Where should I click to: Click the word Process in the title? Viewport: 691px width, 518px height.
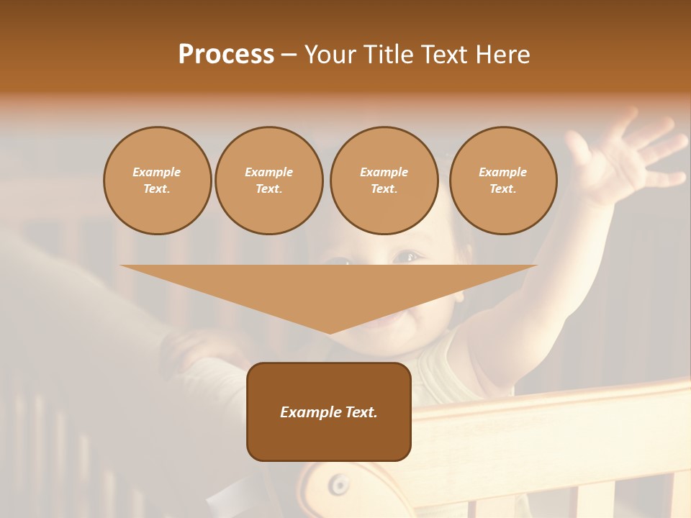(226, 55)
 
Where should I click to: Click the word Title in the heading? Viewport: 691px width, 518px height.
(387, 55)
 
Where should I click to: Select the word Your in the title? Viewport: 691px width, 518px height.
(330, 55)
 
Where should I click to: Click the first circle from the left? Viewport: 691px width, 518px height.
(157, 180)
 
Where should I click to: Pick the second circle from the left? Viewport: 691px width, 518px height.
(268, 180)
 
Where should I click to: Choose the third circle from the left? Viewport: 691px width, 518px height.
(384, 180)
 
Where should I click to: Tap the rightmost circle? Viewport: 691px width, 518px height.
(503, 180)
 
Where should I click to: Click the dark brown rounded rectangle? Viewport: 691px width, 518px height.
(329, 439)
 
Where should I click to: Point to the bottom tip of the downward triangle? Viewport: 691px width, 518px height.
(330, 332)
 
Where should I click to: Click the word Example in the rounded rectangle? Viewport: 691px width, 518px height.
(310, 412)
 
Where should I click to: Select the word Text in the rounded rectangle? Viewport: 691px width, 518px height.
(361, 412)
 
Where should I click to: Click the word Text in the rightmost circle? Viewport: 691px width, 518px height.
(502, 188)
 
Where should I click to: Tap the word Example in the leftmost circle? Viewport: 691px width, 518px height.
(157, 172)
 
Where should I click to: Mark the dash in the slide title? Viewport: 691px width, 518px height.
(289, 55)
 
